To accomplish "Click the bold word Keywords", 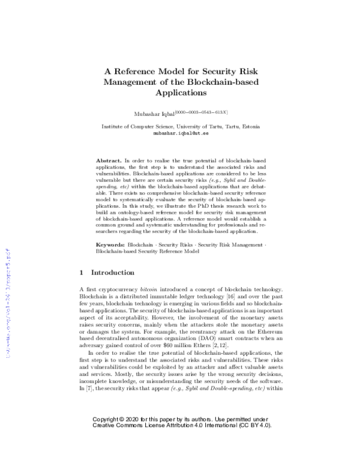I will pyautogui.click(x=111, y=246).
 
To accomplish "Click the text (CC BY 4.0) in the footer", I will pyautogui.click(x=254, y=441).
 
